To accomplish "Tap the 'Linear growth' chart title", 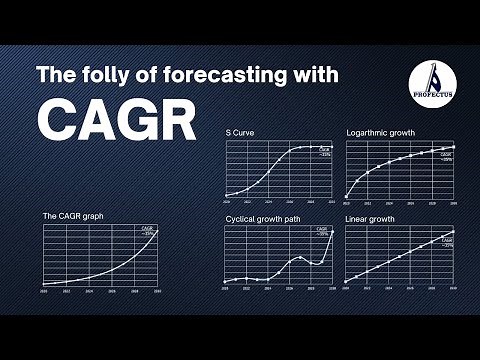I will point(370,218).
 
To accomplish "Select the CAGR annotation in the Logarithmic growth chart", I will point(446,157).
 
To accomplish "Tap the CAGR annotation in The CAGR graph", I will point(148,232).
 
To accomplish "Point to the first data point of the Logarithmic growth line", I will point(346,195).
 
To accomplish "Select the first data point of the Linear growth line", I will point(346,282).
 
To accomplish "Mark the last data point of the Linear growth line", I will point(454,232).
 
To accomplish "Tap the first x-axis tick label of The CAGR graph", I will point(43,291).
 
